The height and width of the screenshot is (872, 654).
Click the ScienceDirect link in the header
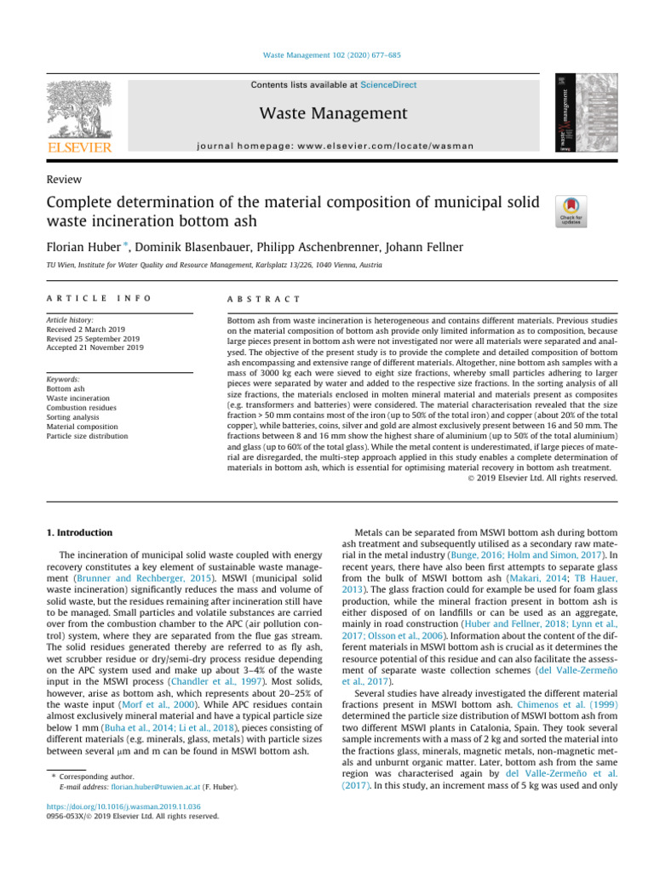[388, 85]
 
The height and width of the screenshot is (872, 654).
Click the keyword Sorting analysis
[71, 418]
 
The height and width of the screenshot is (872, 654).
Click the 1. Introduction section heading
[77, 533]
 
